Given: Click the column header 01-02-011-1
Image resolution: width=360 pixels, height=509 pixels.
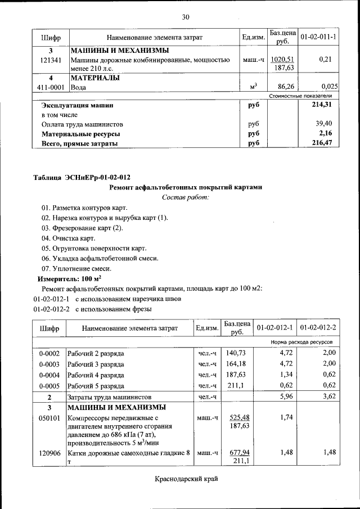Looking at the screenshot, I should [x=318, y=37].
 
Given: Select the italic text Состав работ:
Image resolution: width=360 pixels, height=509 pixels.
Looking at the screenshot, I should [x=185, y=197].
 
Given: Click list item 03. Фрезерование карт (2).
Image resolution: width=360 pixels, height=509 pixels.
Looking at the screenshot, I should [x=82, y=228].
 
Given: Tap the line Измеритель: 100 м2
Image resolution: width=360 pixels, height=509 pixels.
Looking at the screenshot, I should [x=69, y=278].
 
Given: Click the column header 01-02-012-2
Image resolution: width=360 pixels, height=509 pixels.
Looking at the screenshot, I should [x=318, y=327].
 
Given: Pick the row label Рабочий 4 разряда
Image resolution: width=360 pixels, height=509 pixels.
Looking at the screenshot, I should [x=96, y=375].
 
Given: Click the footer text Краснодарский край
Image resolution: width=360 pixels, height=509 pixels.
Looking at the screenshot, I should [x=185, y=479].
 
